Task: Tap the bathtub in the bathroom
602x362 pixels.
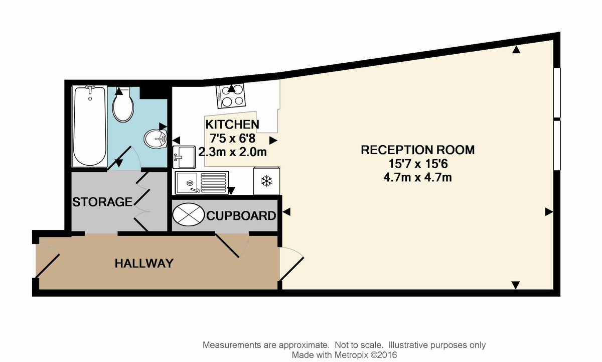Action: pyautogui.click(x=89, y=126)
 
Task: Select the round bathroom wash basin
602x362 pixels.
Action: pyautogui.click(x=156, y=139)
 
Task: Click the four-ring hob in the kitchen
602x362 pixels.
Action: pyautogui.click(x=231, y=96)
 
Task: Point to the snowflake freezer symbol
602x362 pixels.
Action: pyautogui.click(x=266, y=181)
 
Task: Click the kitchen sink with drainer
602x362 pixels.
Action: pyautogui.click(x=202, y=183)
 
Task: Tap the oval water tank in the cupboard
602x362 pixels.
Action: pyautogui.click(x=188, y=214)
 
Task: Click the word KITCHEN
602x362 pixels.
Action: pyautogui.click(x=232, y=125)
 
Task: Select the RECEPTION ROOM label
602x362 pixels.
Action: pyautogui.click(x=417, y=150)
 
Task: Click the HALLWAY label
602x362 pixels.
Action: pyautogui.click(x=144, y=263)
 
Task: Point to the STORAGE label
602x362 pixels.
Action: pyautogui.click(x=102, y=202)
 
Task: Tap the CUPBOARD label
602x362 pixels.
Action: pyautogui.click(x=241, y=216)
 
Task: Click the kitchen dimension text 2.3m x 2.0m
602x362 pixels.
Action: pyautogui.click(x=232, y=152)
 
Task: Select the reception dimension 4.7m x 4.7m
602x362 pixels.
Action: pyautogui.click(x=417, y=178)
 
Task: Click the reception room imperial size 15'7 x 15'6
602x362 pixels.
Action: pyautogui.click(x=418, y=164)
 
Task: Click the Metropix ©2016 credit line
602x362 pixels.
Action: pyautogui.click(x=344, y=355)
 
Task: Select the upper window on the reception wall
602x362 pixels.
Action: pyautogui.click(x=557, y=92)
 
